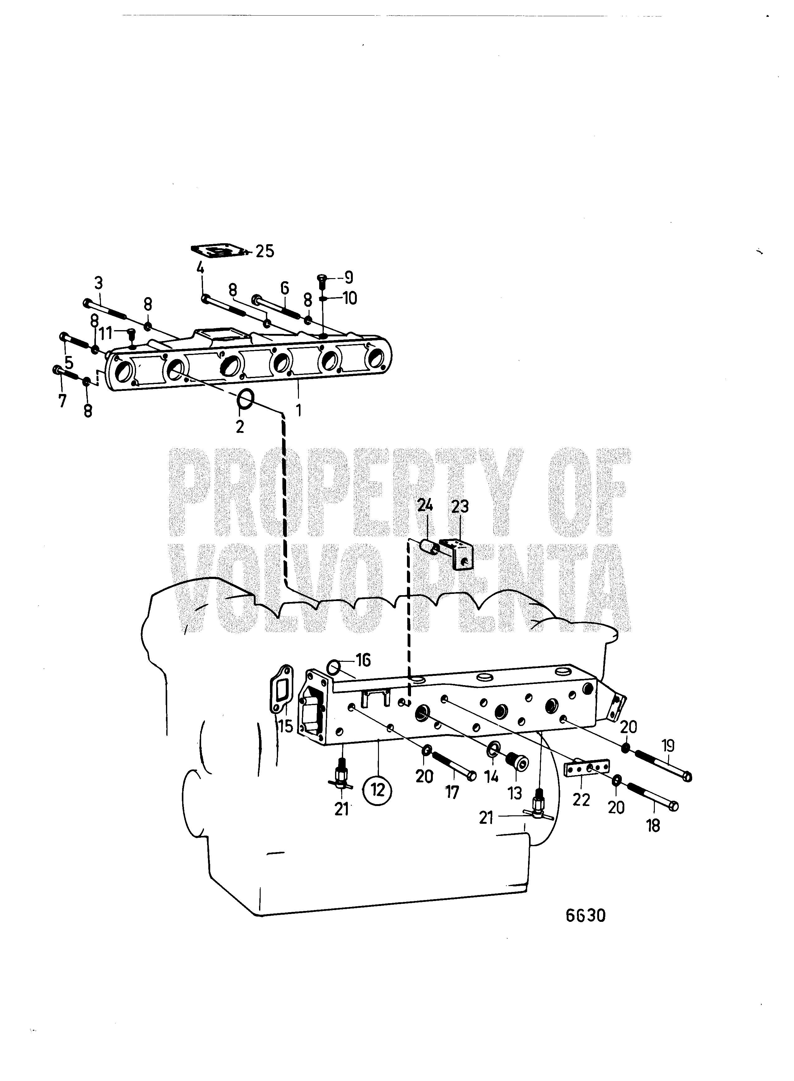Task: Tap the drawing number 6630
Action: tap(585, 916)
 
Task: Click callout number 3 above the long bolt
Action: tap(98, 282)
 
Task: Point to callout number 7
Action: tap(62, 400)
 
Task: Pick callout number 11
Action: tap(106, 333)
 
